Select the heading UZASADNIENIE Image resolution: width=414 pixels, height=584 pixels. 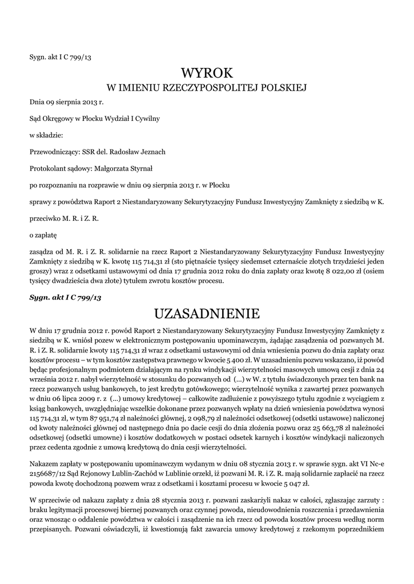click(207, 314)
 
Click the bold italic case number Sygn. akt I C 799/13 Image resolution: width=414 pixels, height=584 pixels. click(65, 298)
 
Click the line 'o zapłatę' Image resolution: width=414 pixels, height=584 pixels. click(43, 234)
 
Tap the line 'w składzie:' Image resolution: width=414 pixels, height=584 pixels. click(46, 135)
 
